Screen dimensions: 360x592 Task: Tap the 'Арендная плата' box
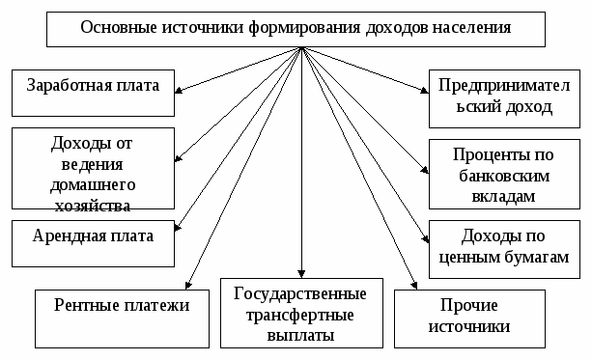94,235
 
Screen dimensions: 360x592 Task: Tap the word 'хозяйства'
94,204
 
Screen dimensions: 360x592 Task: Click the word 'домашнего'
94,183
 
